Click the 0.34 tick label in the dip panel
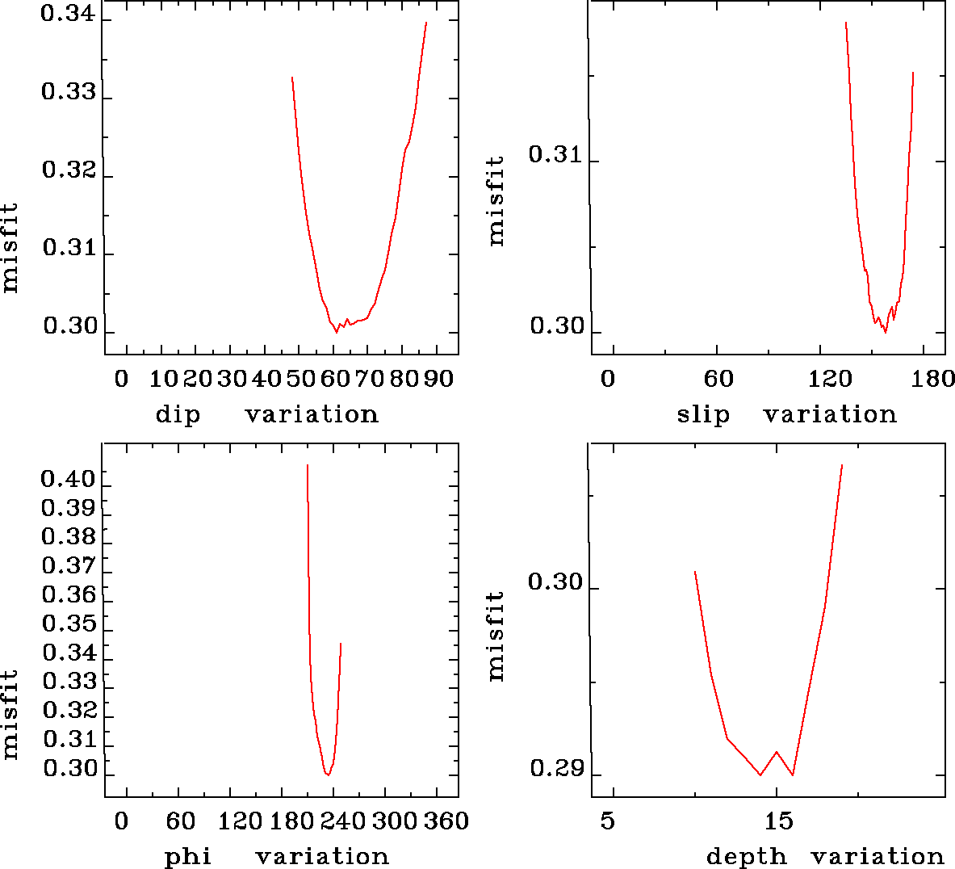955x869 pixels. pos(69,15)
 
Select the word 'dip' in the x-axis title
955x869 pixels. pos(178,415)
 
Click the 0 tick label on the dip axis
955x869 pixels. pos(121,379)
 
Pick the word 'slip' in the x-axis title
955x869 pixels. pos(703,415)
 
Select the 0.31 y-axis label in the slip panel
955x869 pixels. pos(556,154)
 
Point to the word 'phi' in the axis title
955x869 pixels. pos(188,857)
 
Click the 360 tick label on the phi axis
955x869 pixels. pos(446,821)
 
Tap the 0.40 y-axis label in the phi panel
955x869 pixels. pos(69,480)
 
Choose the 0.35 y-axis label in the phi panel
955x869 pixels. pos(69,623)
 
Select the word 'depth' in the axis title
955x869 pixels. pos(747,857)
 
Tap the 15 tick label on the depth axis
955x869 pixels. pos(779,821)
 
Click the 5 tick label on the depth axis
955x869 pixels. pos(608,821)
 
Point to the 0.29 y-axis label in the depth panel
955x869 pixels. pos(556,768)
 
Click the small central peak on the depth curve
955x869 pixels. pos(777,752)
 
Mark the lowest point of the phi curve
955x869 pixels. pos(328,775)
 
